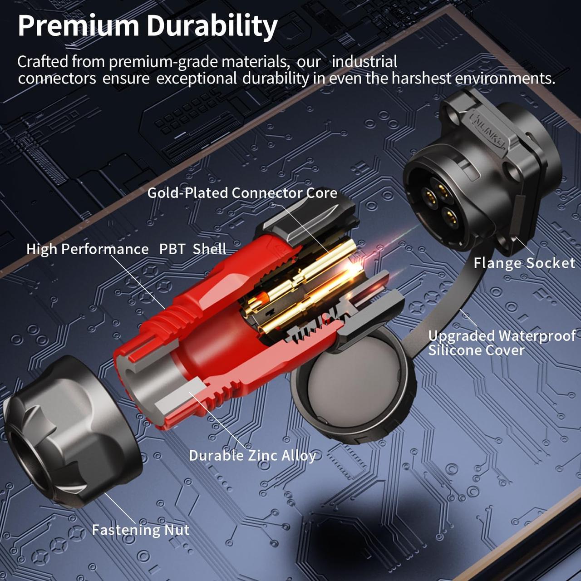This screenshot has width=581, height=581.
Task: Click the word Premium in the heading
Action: [x=79, y=26]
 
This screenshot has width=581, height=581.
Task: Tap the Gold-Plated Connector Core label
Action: [x=242, y=193]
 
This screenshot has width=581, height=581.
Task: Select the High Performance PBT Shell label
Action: [x=126, y=249]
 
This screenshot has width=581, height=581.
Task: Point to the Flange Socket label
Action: [x=524, y=263]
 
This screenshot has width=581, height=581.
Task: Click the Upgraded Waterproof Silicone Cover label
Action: [x=502, y=343]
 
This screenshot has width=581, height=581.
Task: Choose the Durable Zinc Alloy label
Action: [x=252, y=456]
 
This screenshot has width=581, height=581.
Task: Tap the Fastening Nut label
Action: [x=141, y=530]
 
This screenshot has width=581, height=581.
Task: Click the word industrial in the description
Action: [x=364, y=62]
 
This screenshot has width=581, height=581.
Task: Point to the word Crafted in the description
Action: [x=43, y=62]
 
